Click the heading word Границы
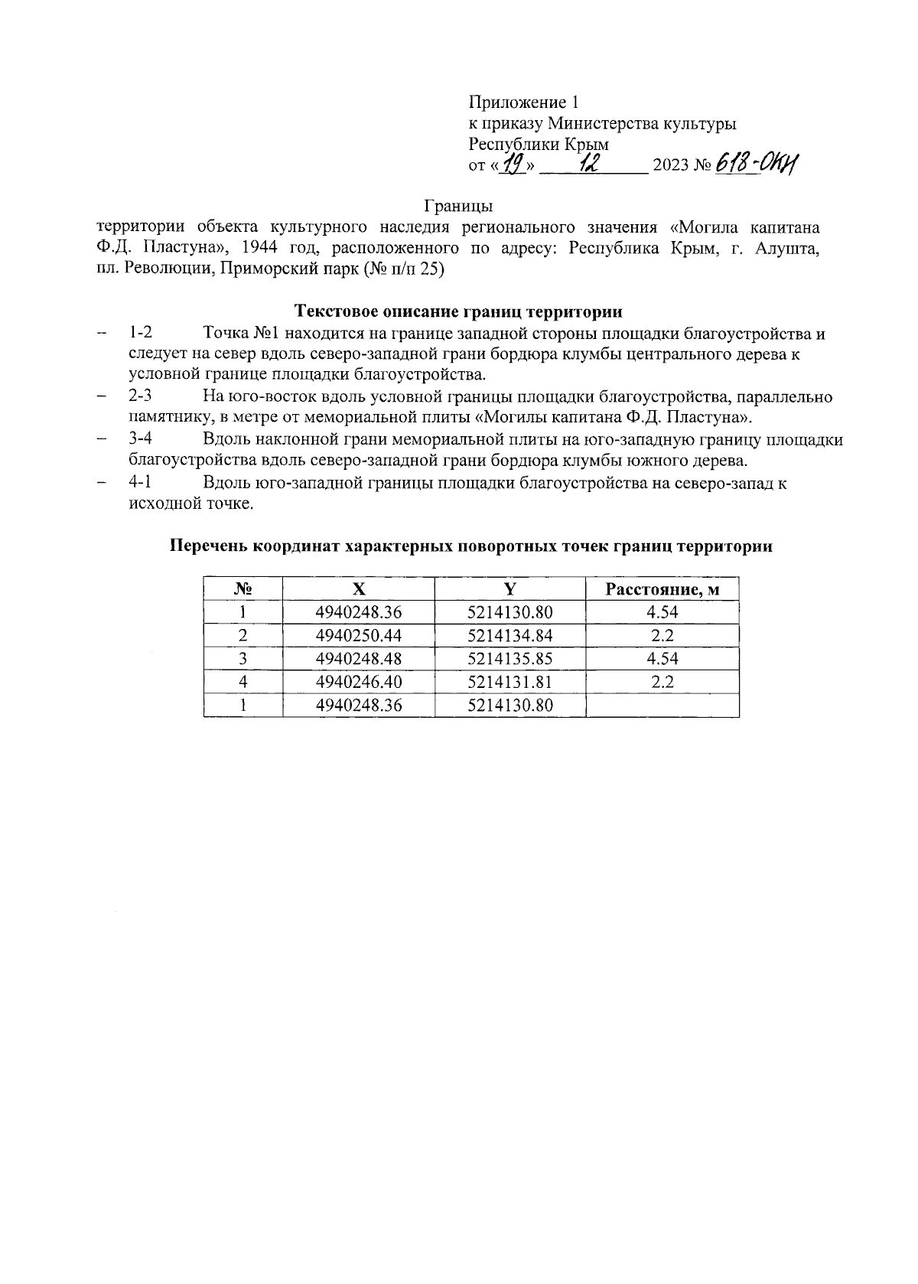457,207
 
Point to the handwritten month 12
590,163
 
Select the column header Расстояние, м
662,589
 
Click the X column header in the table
358,589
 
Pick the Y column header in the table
509,589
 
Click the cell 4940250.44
358,635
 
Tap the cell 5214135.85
509,658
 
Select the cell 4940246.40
358,681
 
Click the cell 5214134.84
509,635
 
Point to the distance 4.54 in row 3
662,658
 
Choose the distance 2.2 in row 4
662,681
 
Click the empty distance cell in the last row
662,705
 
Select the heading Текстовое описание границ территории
458,311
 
